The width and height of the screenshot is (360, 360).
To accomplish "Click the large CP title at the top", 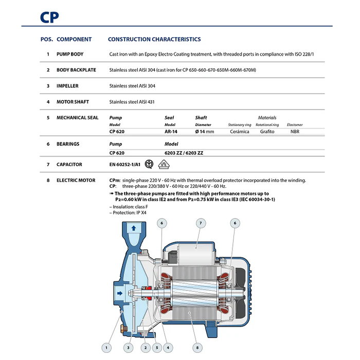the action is click(49, 17).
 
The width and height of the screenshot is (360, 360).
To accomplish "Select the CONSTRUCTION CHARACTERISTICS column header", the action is click(154, 39).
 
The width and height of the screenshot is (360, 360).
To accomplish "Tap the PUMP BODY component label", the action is click(70, 54).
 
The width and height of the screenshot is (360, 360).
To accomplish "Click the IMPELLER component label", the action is click(67, 86).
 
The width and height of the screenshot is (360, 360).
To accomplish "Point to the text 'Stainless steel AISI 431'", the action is click(132, 102).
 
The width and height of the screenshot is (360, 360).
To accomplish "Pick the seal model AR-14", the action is click(171, 132).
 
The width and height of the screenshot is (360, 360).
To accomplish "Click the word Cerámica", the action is click(240, 132).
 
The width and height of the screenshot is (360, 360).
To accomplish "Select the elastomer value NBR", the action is click(295, 132).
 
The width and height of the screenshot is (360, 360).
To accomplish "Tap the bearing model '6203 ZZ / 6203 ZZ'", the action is click(184, 153).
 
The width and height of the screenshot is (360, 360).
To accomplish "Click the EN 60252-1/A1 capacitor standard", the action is click(124, 165).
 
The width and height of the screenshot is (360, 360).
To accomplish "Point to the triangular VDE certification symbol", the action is click(164, 165).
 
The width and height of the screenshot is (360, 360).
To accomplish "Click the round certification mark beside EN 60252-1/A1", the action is click(149, 164).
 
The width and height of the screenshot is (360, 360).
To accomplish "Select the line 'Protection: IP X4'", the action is click(128, 212).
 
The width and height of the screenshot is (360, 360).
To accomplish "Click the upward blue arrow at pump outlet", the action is click(134, 228).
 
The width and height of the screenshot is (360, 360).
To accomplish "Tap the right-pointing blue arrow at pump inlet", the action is click(120, 293).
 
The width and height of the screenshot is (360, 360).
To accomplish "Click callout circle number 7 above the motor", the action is click(201, 223).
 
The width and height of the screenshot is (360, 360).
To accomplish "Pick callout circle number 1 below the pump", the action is click(106, 348).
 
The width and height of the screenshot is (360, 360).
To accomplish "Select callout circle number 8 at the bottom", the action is click(197, 348).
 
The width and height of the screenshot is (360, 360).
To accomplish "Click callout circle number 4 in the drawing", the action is click(168, 348).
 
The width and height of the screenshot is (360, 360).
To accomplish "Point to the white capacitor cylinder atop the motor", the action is click(195, 255).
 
